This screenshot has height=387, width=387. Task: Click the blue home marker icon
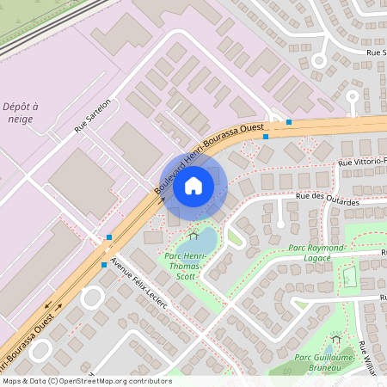[193, 185]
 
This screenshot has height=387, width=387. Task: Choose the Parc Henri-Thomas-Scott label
[183, 267]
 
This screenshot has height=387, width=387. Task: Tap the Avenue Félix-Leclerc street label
[138, 287]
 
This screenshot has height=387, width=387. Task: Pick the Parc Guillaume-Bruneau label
[325, 362]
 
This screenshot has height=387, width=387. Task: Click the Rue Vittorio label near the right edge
[362, 161]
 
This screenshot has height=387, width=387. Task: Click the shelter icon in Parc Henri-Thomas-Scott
[193, 234]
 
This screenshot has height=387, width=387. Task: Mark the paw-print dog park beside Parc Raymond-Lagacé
[349, 277]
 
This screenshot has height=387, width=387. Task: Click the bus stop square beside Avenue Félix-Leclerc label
[104, 265]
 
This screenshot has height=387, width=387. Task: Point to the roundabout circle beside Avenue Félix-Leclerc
[91, 298]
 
